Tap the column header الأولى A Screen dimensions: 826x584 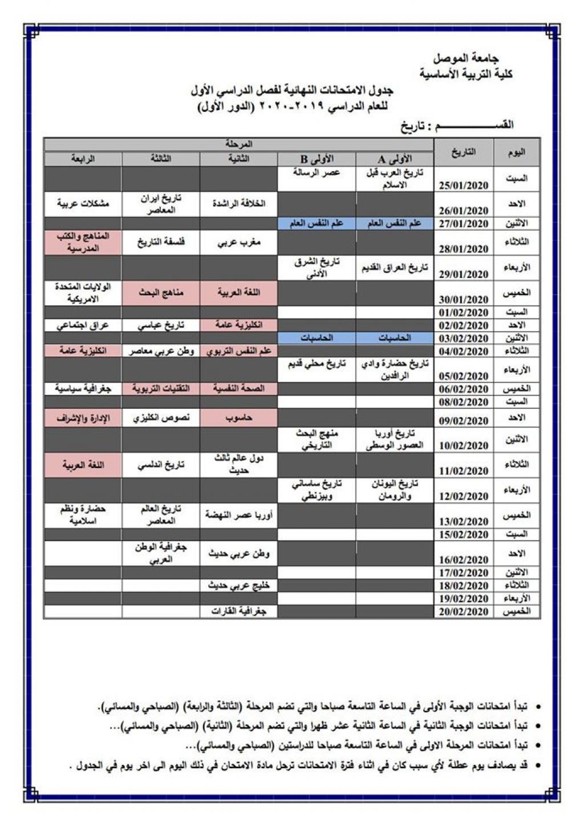point(395,159)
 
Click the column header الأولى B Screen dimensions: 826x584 point(317,159)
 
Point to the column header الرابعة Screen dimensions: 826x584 point(83,159)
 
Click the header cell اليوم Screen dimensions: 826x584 point(516,152)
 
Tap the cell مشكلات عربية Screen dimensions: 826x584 point(83,203)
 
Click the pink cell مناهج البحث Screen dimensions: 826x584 point(161,293)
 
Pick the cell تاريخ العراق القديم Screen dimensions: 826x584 point(395,268)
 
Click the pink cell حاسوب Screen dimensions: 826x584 point(238,418)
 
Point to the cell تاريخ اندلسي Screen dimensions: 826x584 point(161,465)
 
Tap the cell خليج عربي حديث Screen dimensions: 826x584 point(238,586)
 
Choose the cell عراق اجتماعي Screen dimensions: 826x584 point(83,325)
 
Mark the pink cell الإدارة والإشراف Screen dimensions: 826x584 point(83,418)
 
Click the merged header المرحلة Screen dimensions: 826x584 point(238,144)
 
